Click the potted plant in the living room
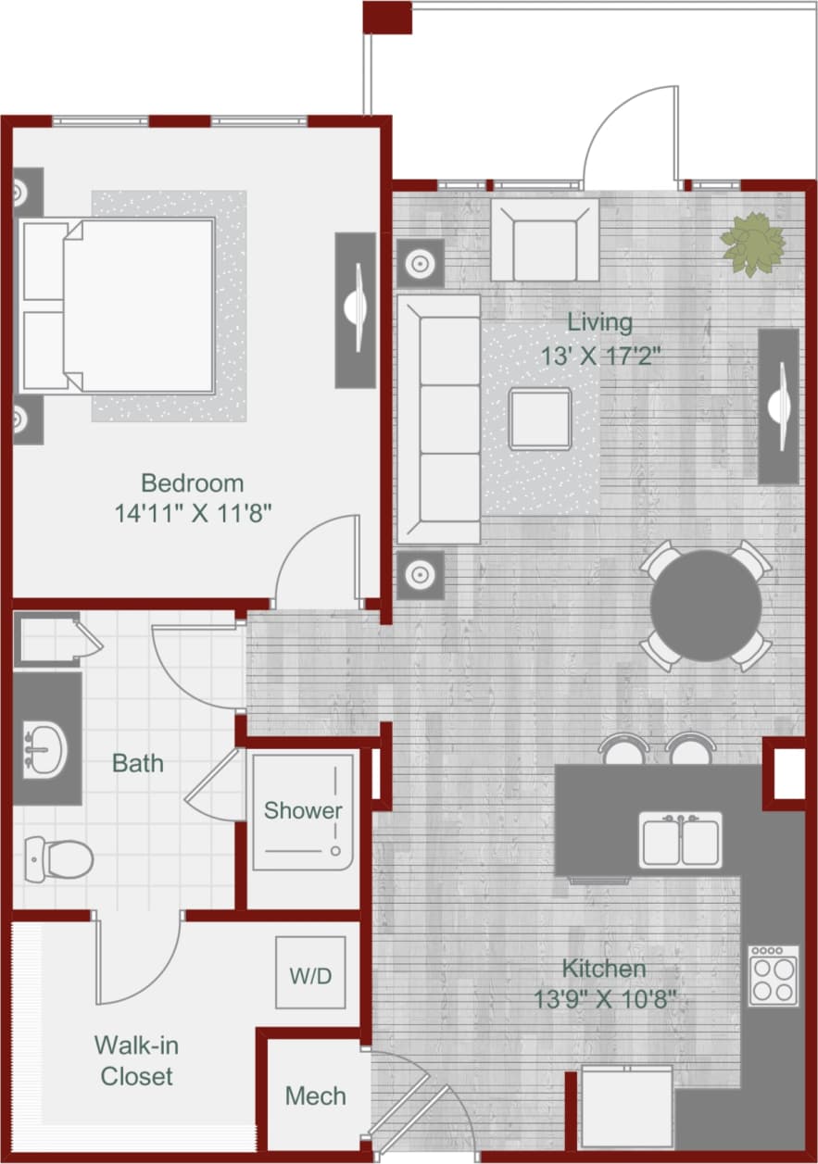pyautogui.click(x=752, y=244)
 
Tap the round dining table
pyautogui.click(x=705, y=606)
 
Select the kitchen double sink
pyautogui.click(x=680, y=839)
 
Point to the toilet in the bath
pyautogui.click(x=57, y=858)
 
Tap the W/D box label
pyautogui.click(x=310, y=976)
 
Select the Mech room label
pyautogui.click(x=315, y=1096)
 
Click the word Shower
pyautogui.click(x=303, y=810)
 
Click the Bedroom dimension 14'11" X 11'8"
pyautogui.click(x=193, y=513)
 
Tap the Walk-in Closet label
pyautogui.click(x=136, y=1061)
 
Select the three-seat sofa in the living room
pyautogui.click(x=438, y=419)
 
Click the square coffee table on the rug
pyautogui.click(x=539, y=419)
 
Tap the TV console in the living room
pyautogui.click(x=778, y=406)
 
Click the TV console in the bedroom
pyautogui.click(x=355, y=309)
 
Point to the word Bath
pyautogui.click(x=137, y=763)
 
